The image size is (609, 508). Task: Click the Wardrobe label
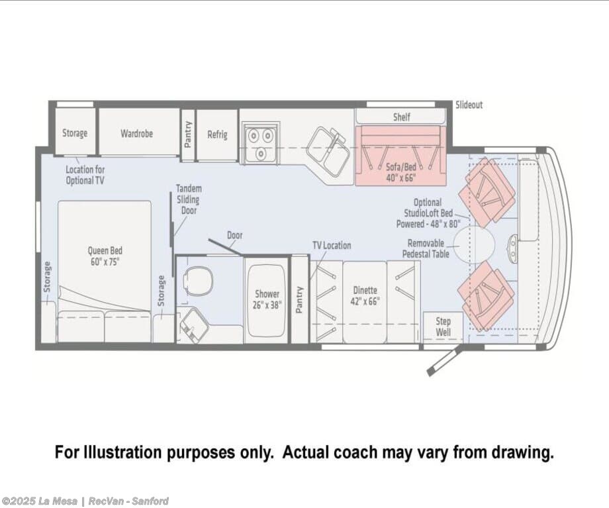point(137,133)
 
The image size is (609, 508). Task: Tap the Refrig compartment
point(217,135)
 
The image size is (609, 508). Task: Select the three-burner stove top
point(261,142)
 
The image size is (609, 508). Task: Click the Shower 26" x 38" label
point(267,299)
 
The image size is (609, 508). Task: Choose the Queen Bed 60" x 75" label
point(105,256)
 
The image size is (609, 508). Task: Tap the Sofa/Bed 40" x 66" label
point(401,172)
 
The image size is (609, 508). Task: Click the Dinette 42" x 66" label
point(365,295)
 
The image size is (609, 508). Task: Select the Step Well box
point(443,327)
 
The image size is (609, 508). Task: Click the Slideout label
point(469,105)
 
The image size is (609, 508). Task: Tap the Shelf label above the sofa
point(401,117)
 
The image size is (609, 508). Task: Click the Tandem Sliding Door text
point(189,199)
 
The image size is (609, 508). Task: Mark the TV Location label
point(332,245)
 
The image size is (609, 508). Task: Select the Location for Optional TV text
point(85,175)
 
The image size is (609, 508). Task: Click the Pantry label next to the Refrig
point(188,134)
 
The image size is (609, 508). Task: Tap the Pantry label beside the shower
point(299,299)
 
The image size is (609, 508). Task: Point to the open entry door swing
point(445,361)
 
